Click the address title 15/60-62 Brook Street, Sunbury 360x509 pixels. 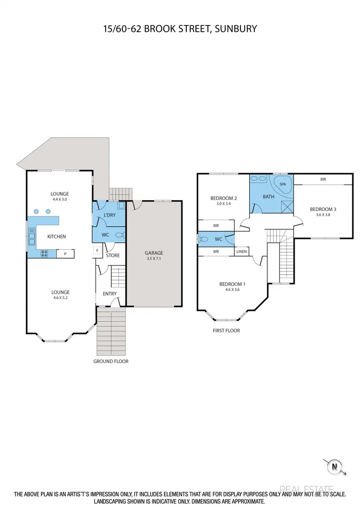coord(180,29)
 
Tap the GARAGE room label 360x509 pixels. coord(154,253)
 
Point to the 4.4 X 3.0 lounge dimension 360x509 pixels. coord(60,199)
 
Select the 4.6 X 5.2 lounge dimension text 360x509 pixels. coord(60,297)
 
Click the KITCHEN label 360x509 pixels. coord(56,237)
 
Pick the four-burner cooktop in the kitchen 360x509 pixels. coord(44,254)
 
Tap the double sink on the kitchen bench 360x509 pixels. coord(32,236)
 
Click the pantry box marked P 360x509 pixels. coord(65,254)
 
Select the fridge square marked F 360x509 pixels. coord(97,250)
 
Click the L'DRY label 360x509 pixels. coord(109,215)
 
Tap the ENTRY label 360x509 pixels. coord(109,294)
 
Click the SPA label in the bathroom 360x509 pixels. coord(283,184)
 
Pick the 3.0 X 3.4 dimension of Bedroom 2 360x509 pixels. coord(224,204)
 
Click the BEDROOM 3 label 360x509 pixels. coord(323,209)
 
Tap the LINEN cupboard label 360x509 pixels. coord(241,251)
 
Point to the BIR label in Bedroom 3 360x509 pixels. coord(323,179)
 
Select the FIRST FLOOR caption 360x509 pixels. coord(226,331)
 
